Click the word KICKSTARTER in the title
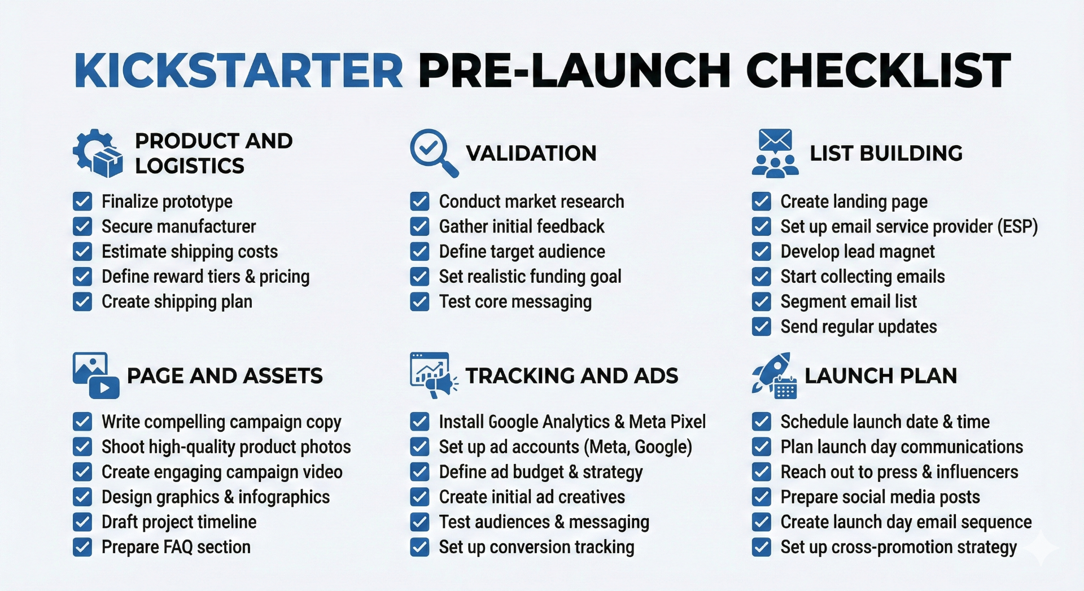point(238,71)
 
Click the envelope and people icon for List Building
point(775,153)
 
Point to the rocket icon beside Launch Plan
point(774,375)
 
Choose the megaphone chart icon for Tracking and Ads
point(433,375)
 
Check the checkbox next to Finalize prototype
point(82,202)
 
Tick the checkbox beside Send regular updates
point(762,327)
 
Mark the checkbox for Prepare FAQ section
point(82,547)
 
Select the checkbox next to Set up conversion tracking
point(419,547)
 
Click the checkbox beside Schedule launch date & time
point(762,422)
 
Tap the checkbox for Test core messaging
point(419,302)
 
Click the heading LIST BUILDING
point(886,153)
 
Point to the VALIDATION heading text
point(531,153)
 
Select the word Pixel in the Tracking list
point(687,422)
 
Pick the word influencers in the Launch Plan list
point(977,472)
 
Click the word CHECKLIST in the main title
point(878,71)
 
